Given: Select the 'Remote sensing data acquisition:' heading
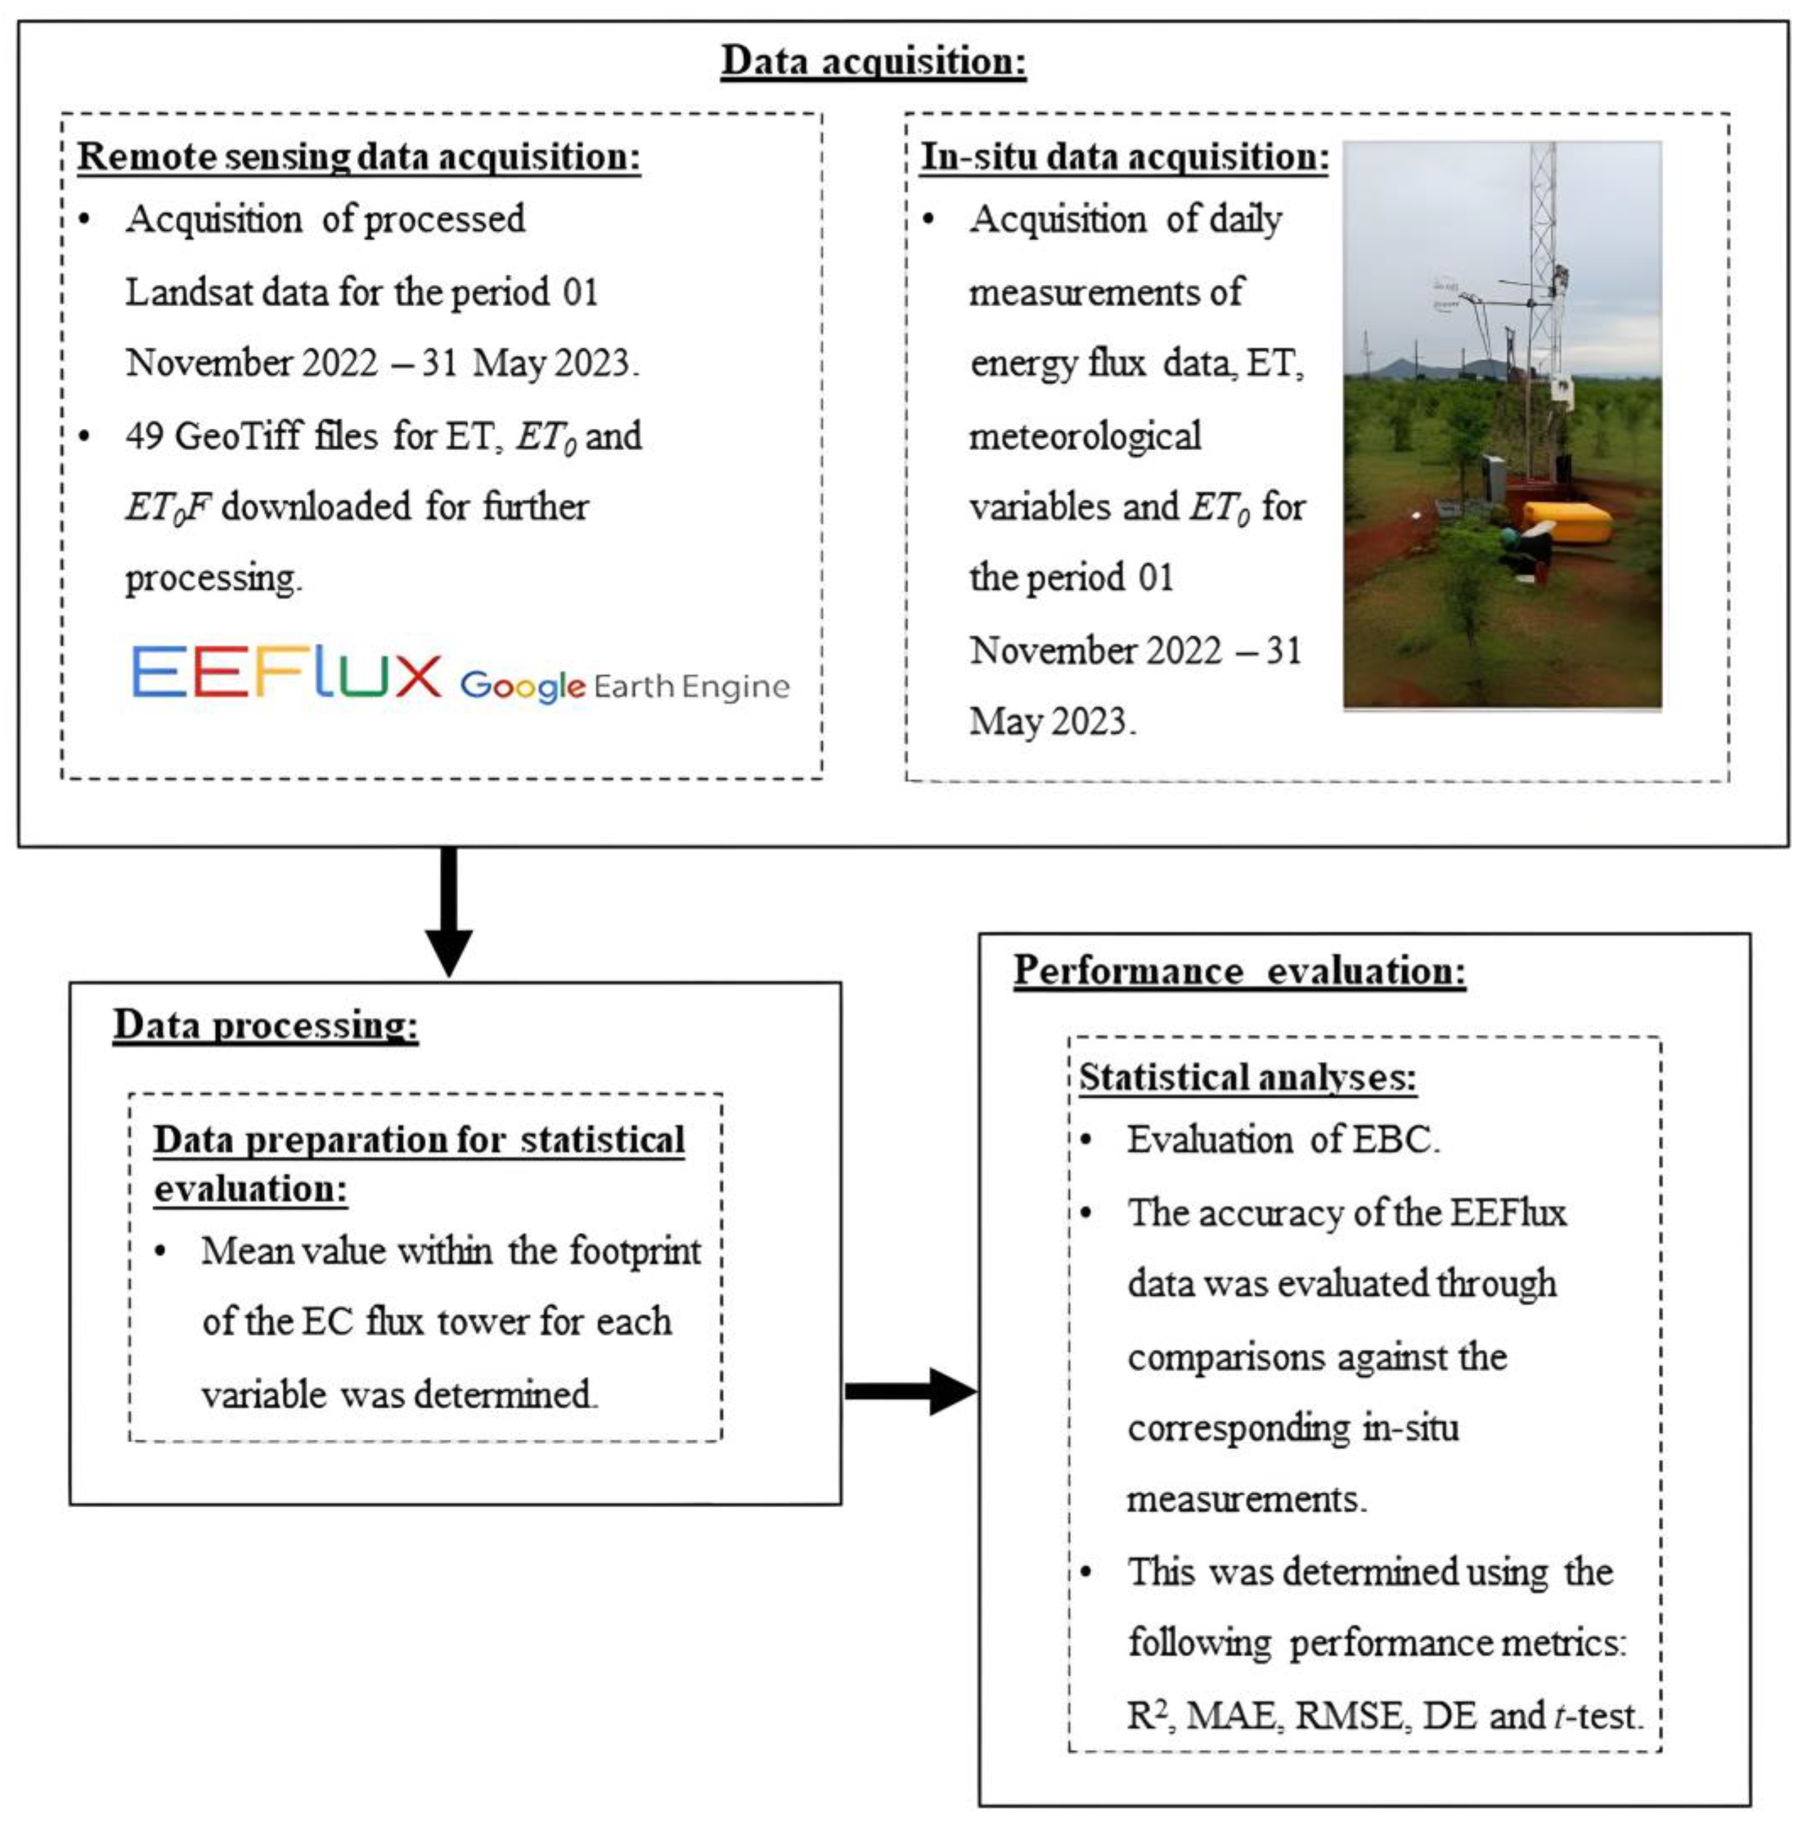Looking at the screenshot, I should [358, 157].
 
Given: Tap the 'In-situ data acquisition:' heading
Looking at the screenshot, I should [1124, 157].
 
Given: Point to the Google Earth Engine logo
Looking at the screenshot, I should [624, 685].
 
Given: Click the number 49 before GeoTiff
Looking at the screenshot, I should [144, 435].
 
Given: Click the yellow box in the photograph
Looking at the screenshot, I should [1566, 522].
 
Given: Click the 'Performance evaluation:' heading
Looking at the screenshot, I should [1239, 971].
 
